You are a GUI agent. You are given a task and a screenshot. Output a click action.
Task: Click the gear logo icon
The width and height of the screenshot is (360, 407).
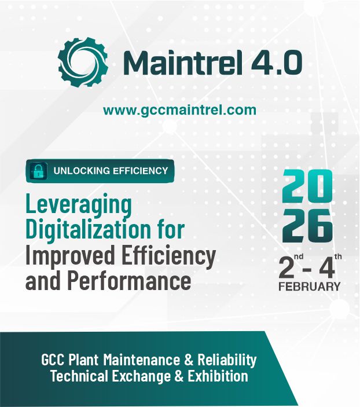(x=83, y=62)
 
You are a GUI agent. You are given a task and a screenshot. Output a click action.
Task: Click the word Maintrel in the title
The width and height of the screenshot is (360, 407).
(x=183, y=63)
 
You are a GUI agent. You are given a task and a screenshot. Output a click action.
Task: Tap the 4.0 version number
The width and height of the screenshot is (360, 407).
(x=277, y=63)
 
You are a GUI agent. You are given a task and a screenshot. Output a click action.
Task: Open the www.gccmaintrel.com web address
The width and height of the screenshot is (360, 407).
(x=179, y=110)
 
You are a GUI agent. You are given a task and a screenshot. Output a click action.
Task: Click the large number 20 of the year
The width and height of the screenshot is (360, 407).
(x=307, y=186)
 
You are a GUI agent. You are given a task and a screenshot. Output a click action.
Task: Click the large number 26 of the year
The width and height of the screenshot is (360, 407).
(x=307, y=225)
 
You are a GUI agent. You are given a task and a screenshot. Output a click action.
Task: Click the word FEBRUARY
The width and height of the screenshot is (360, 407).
(x=310, y=287)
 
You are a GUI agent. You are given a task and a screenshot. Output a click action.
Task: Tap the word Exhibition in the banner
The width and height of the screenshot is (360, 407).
(x=218, y=376)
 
